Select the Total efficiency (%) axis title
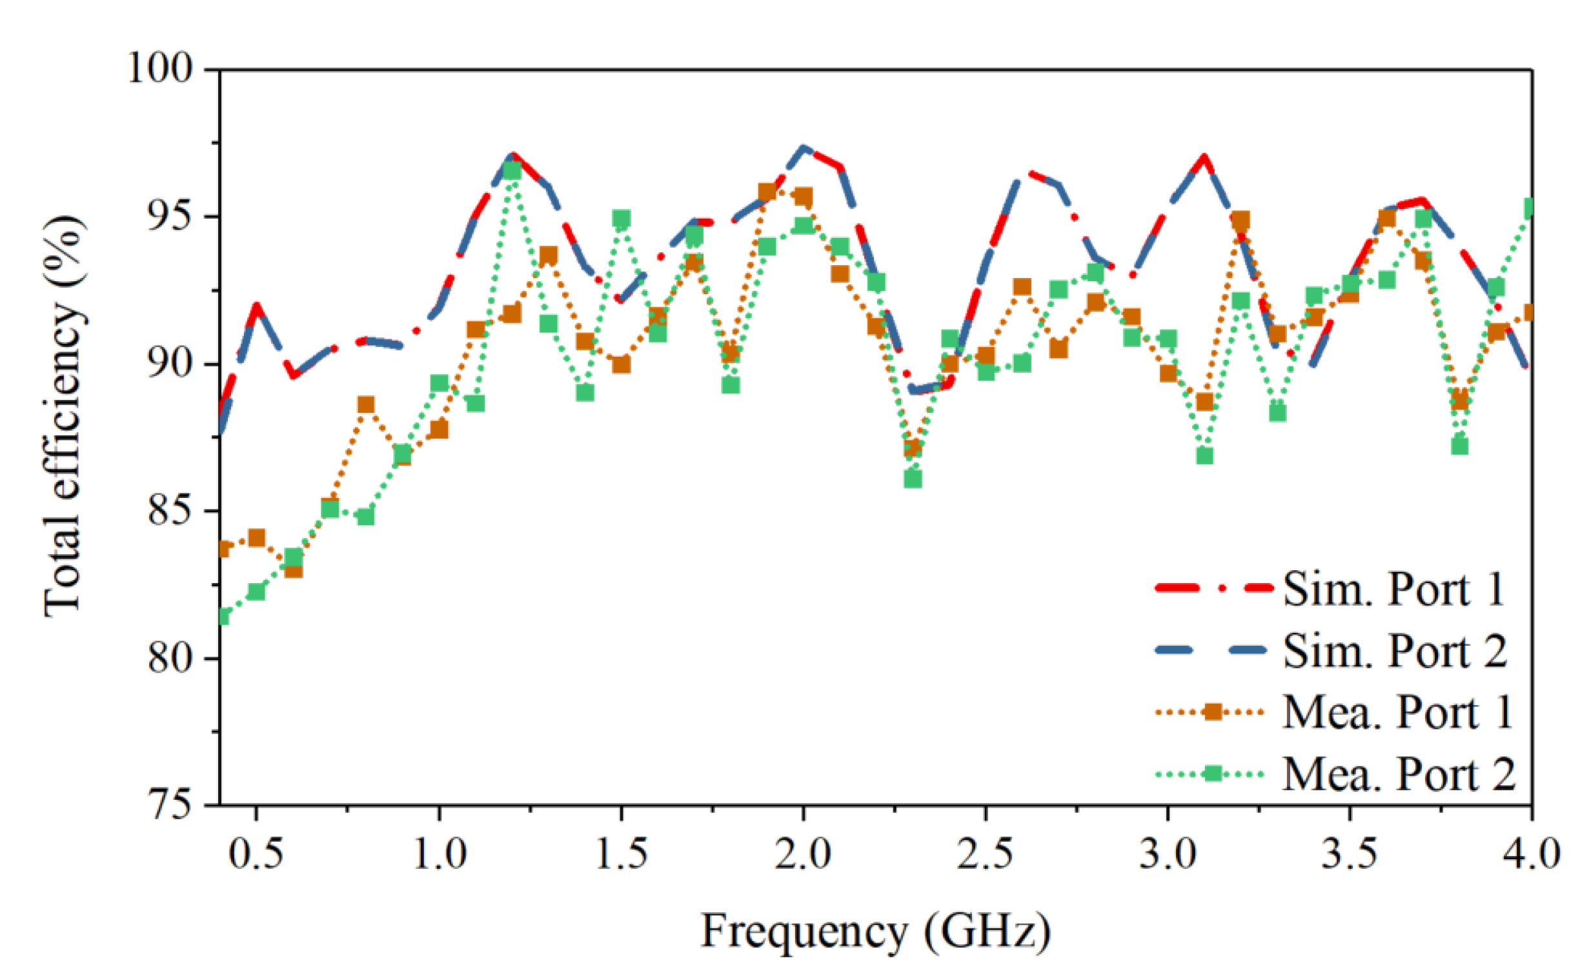[63, 416]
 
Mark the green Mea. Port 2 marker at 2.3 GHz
[913, 479]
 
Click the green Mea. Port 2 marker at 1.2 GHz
[512, 170]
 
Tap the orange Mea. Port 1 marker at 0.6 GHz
[293, 569]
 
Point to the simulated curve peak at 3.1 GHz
[1204, 157]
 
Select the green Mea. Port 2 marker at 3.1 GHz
[1204, 456]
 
